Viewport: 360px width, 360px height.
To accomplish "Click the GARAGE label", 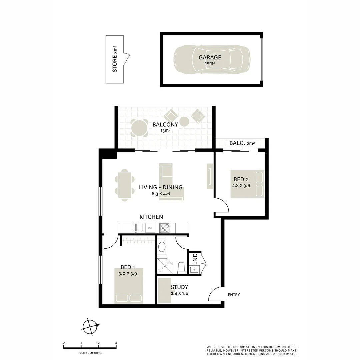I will (210, 57).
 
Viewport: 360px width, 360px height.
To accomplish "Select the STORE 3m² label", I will (115, 59).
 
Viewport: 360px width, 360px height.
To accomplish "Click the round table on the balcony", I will (139, 127).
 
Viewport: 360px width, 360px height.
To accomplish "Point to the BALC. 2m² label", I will (242, 143).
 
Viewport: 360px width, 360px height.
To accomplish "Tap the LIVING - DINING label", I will (161, 187).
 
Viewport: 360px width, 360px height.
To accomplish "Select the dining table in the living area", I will (125, 185).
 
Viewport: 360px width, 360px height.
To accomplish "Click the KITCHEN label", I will (151, 217).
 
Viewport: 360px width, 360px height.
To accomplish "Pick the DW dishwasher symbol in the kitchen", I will (150, 228).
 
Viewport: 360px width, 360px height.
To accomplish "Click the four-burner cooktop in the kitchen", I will (165, 228).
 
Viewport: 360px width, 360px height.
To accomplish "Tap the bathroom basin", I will (161, 247).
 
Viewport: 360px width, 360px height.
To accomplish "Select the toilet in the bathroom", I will (181, 268).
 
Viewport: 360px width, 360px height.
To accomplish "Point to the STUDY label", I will (179, 287).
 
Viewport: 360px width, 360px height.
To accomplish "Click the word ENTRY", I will (234, 295).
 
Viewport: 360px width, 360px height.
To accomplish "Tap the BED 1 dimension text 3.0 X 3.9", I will (128, 273).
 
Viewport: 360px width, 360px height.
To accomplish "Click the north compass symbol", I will (90, 326).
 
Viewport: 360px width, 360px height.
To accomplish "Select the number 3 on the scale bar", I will (116, 343).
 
